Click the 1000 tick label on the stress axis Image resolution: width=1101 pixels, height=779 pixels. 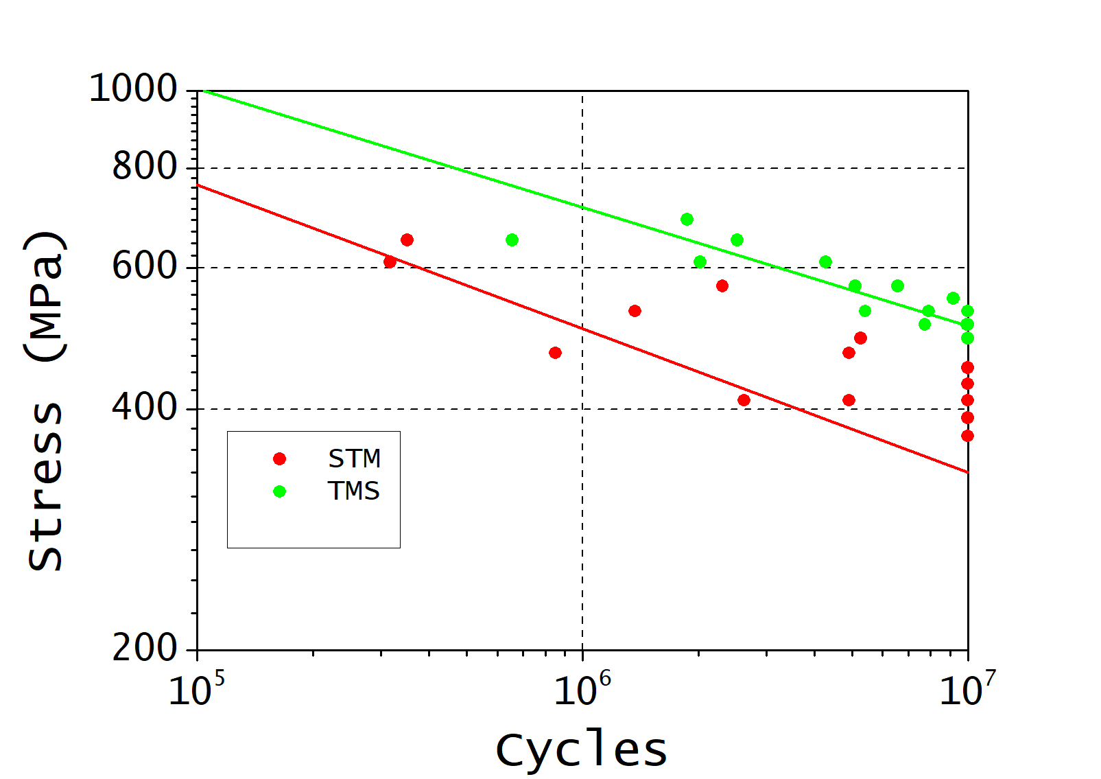[133, 89]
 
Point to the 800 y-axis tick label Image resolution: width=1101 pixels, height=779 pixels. [145, 167]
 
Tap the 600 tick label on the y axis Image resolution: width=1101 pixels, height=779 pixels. [145, 266]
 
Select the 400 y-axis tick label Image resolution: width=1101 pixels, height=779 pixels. [145, 408]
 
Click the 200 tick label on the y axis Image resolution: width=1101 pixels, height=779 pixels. [145, 648]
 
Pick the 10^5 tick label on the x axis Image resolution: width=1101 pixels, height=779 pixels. [196, 690]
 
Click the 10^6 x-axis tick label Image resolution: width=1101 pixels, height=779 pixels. [582, 690]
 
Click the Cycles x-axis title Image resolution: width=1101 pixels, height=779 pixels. [581, 750]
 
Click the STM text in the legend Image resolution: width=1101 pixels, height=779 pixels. [354, 458]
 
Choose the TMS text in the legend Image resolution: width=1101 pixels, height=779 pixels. [354, 491]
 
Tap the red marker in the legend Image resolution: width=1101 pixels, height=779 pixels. [279, 459]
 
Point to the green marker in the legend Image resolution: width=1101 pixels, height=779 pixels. [279, 491]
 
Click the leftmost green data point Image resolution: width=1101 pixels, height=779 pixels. [512, 240]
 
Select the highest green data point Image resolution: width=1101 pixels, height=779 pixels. [687, 220]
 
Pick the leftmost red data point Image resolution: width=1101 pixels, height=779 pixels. [390, 262]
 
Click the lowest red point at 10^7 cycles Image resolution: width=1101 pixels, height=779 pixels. [967, 436]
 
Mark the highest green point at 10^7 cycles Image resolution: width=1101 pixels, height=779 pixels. [967, 312]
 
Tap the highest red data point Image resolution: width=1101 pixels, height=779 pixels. [407, 240]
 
